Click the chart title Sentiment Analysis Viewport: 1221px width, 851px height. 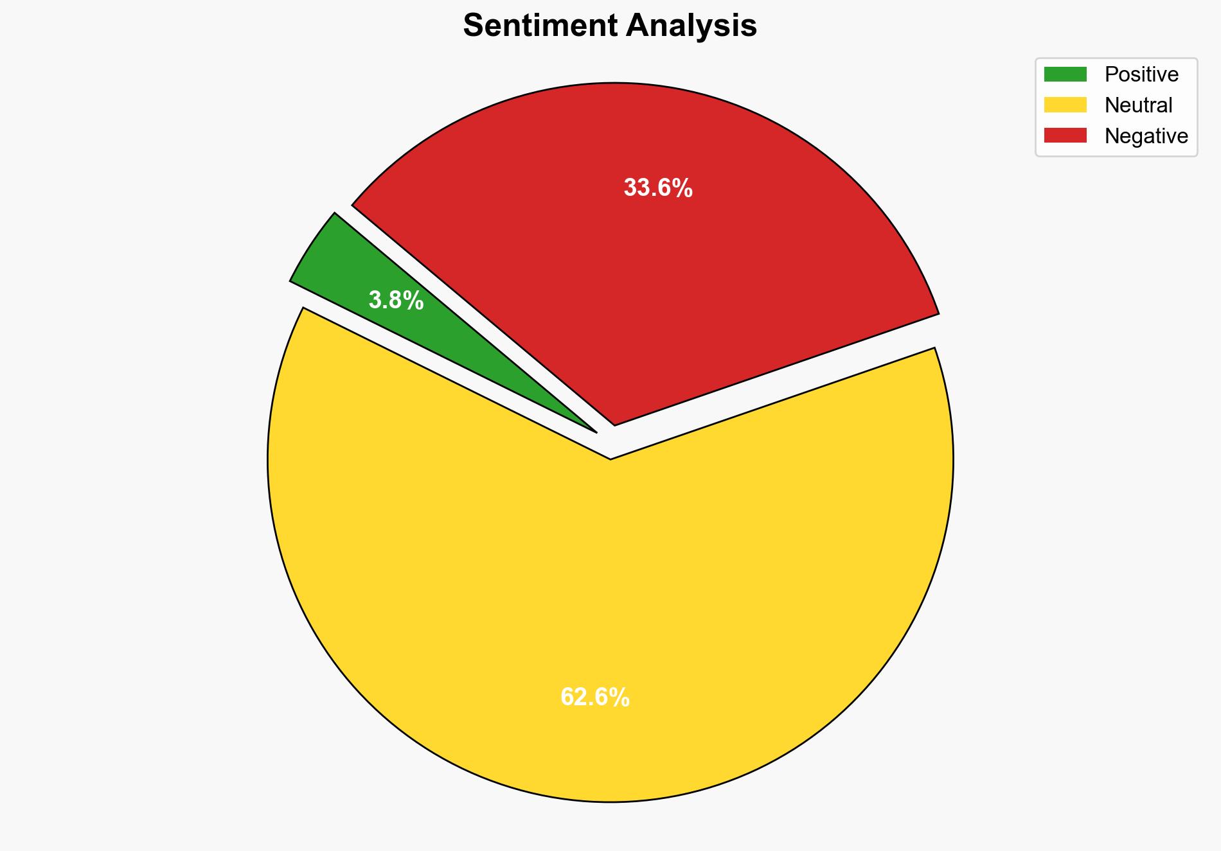click(x=610, y=26)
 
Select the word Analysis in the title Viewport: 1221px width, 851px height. click(x=693, y=26)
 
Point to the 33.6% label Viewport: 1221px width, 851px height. click(x=658, y=188)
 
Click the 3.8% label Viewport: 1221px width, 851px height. click(x=396, y=300)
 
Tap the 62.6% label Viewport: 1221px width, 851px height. click(x=595, y=697)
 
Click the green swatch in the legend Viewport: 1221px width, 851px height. click(x=1065, y=75)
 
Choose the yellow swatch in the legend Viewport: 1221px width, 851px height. click(x=1065, y=105)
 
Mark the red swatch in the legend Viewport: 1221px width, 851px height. click(x=1065, y=136)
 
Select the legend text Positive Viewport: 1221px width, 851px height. click(x=1141, y=75)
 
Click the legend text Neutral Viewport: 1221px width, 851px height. click(x=1138, y=105)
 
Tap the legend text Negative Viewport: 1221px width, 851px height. click(x=1146, y=136)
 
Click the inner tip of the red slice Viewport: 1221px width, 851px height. click(x=615, y=423)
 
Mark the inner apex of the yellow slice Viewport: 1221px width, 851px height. click(x=610, y=457)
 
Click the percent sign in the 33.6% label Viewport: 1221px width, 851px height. click(x=682, y=188)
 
